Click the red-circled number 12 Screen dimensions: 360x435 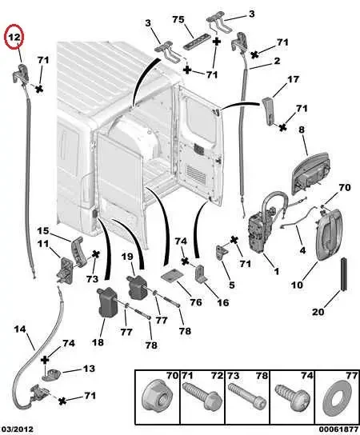[14, 38]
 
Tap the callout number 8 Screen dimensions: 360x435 [302, 130]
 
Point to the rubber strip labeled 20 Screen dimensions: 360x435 [344, 273]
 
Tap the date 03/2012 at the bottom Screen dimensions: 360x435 [17, 429]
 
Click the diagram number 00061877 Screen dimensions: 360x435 [338, 429]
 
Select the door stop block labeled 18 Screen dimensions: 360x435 [107, 302]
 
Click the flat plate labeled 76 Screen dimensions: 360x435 [174, 276]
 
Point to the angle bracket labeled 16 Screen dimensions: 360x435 [201, 273]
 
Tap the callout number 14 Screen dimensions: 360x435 [20, 329]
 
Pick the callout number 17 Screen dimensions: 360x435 [293, 80]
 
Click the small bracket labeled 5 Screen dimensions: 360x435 [222, 253]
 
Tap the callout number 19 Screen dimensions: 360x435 [127, 257]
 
